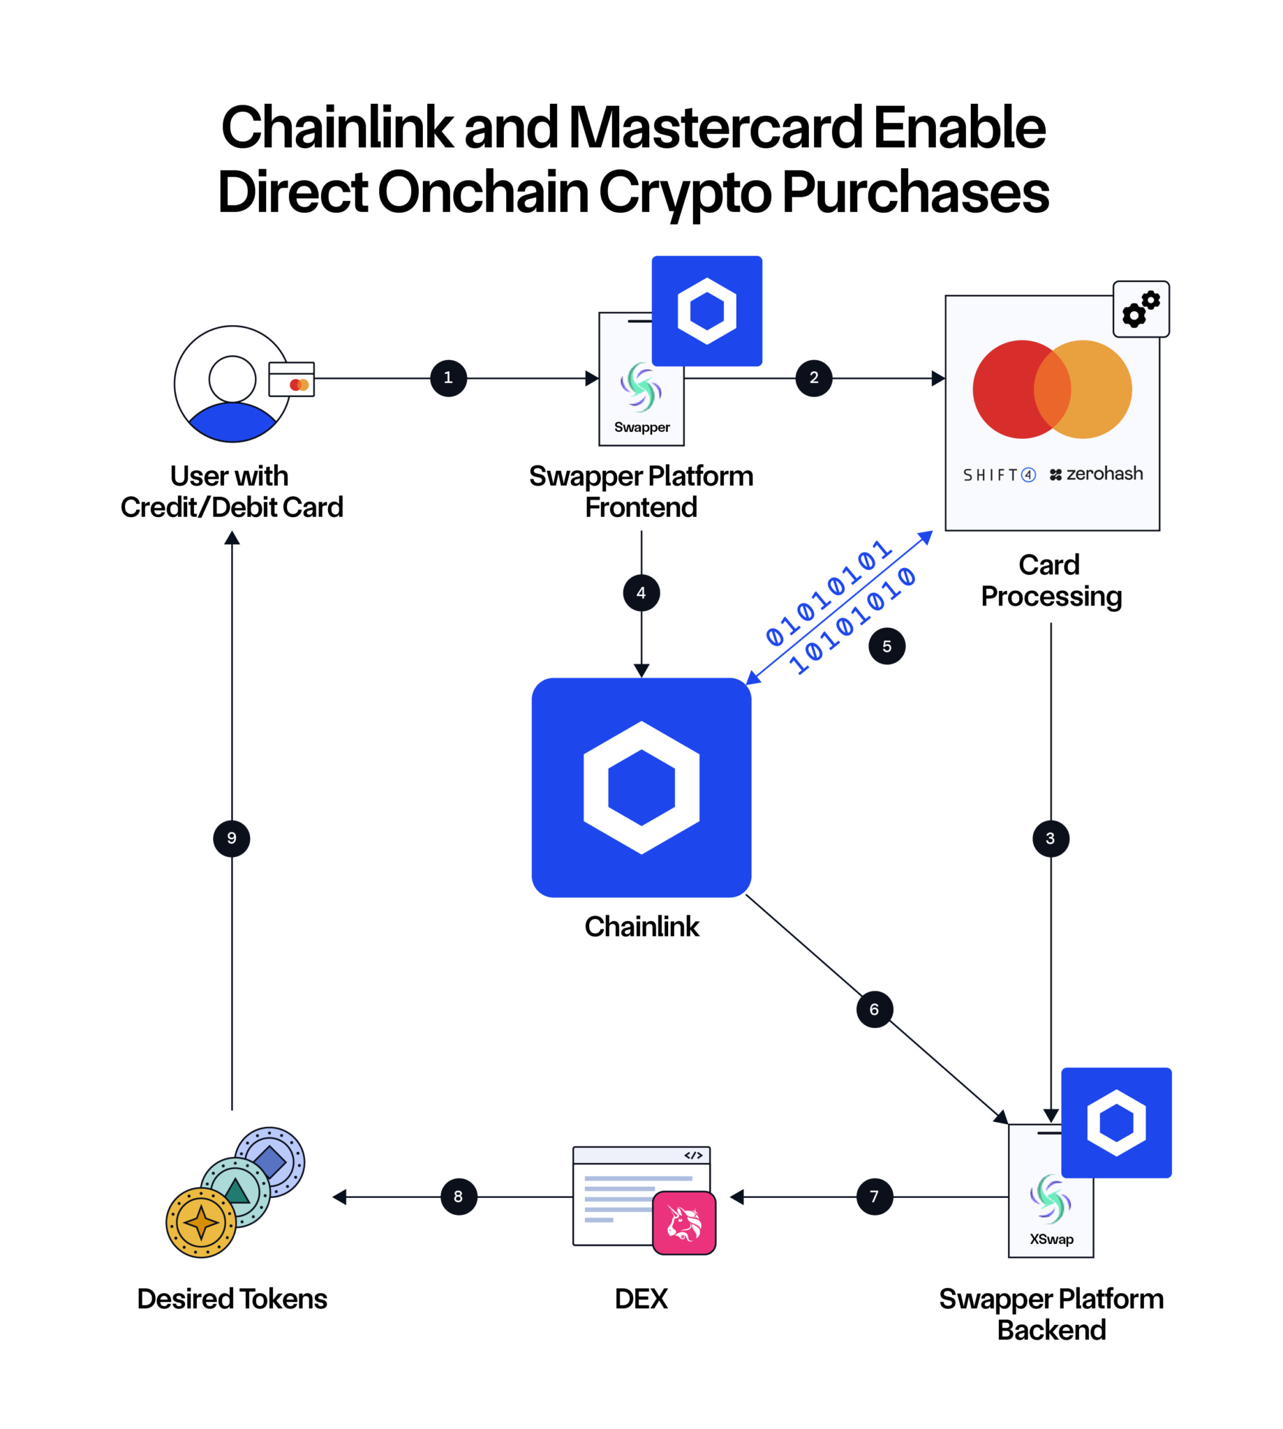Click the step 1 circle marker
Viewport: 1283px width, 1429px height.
coord(448,378)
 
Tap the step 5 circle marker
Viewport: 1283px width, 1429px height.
coord(887,646)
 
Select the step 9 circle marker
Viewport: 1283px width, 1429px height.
coord(232,839)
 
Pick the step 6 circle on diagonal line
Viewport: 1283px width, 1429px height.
coord(874,1010)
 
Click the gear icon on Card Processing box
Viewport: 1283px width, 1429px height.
coord(1141,309)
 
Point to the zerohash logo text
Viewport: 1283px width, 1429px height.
coord(1097,474)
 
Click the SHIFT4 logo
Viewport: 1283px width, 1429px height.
coord(999,475)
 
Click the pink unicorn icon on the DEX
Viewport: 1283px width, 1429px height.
coord(684,1223)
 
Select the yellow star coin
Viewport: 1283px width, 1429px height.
coord(201,1222)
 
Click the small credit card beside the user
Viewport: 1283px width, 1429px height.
coord(292,380)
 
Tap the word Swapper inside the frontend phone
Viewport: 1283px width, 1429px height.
coord(641,427)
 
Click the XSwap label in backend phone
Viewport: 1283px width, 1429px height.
coord(1051,1239)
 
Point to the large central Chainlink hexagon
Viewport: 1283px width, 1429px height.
coord(641,788)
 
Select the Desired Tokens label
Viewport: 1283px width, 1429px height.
coord(232,1299)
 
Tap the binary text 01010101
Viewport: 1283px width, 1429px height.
coord(829,593)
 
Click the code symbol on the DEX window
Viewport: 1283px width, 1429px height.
coord(693,1155)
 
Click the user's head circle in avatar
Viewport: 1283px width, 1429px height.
coord(232,379)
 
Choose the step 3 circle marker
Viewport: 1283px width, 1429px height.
coord(1051,839)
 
